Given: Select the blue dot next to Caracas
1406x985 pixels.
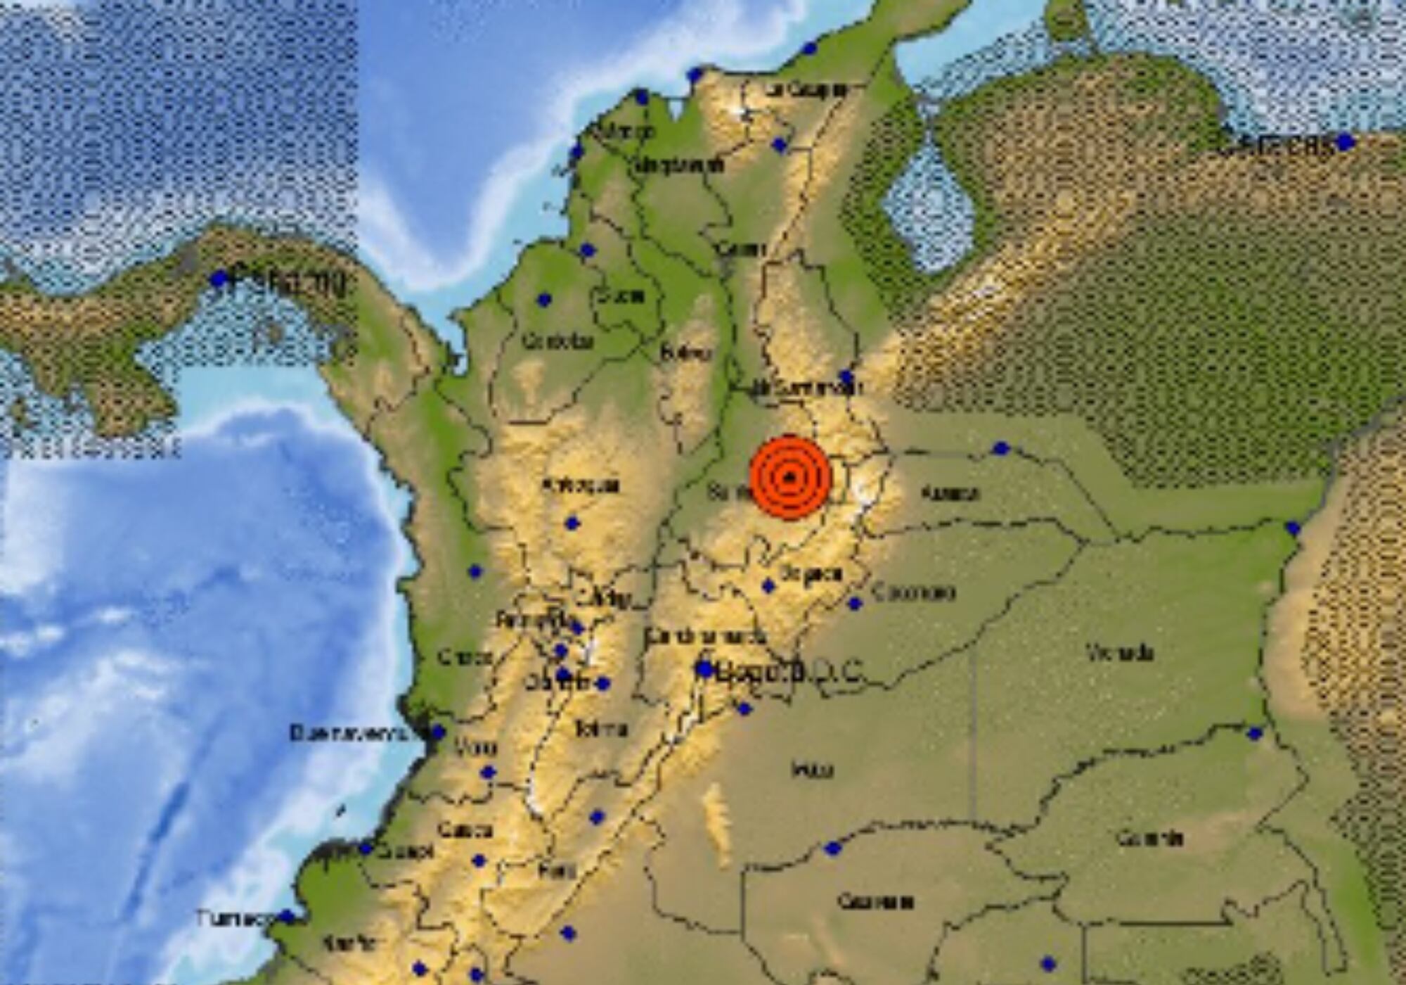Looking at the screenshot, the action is [x=1343, y=142].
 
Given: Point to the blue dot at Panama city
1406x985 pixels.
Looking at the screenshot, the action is [x=219, y=279].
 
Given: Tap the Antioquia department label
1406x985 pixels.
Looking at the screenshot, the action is [x=580, y=485].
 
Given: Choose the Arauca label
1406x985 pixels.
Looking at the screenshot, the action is [x=949, y=494].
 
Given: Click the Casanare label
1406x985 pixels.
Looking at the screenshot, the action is [x=912, y=592].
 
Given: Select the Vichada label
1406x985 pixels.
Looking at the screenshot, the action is [x=1120, y=653].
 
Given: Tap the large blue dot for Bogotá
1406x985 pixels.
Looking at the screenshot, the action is [x=704, y=669].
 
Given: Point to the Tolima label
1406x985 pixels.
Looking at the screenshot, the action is [x=600, y=729].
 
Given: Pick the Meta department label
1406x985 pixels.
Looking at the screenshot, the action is [x=812, y=769].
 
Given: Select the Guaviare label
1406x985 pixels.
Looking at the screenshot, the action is [x=875, y=901].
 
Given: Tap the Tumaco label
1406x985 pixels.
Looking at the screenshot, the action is [x=234, y=919].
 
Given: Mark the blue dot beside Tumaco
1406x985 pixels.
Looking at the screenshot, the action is [x=287, y=917].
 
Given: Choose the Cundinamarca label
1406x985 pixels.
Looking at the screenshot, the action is [x=705, y=637].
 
